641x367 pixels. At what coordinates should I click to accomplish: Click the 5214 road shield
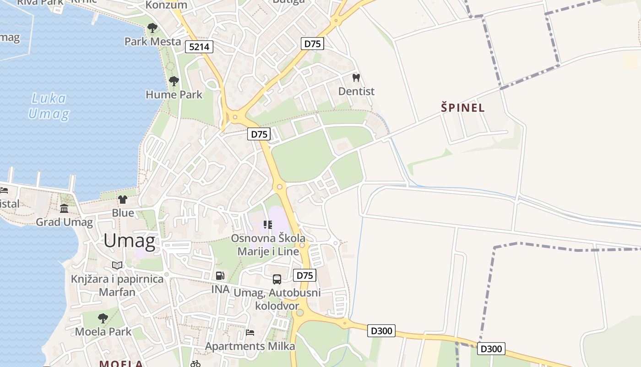pyautogui.click(x=199, y=46)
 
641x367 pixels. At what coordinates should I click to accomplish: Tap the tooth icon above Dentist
pyautogui.click(x=356, y=78)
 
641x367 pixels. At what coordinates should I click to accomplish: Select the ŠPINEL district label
pyautogui.click(x=462, y=108)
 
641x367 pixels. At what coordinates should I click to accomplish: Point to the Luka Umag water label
pyautogui.click(x=49, y=106)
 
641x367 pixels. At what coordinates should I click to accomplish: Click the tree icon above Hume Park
pyautogui.click(x=174, y=82)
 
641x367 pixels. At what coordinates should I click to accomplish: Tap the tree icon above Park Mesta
pyautogui.click(x=152, y=28)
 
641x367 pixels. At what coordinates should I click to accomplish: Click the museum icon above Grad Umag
pyautogui.click(x=64, y=209)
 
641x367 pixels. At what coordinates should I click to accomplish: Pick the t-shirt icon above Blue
pyautogui.click(x=123, y=199)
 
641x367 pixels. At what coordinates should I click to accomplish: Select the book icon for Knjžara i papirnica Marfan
pyautogui.click(x=117, y=266)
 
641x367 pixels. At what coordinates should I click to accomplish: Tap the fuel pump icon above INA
pyautogui.click(x=220, y=276)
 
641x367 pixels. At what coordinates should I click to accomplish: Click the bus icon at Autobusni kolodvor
pyautogui.click(x=277, y=279)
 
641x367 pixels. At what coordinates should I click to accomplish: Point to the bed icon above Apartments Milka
pyautogui.click(x=250, y=332)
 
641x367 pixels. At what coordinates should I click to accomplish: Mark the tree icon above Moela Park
pyautogui.click(x=103, y=318)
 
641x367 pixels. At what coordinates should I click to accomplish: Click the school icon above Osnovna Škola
pyautogui.click(x=268, y=225)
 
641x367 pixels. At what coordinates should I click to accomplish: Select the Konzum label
pyautogui.click(x=166, y=5)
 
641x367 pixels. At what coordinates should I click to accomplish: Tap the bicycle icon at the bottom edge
pyautogui.click(x=196, y=364)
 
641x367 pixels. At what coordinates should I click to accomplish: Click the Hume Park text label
pyautogui.click(x=174, y=95)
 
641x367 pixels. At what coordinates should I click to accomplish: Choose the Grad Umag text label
pyautogui.click(x=65, y=222)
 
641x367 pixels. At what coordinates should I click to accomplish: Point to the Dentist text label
pyautogui.click(x=356, y=91)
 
